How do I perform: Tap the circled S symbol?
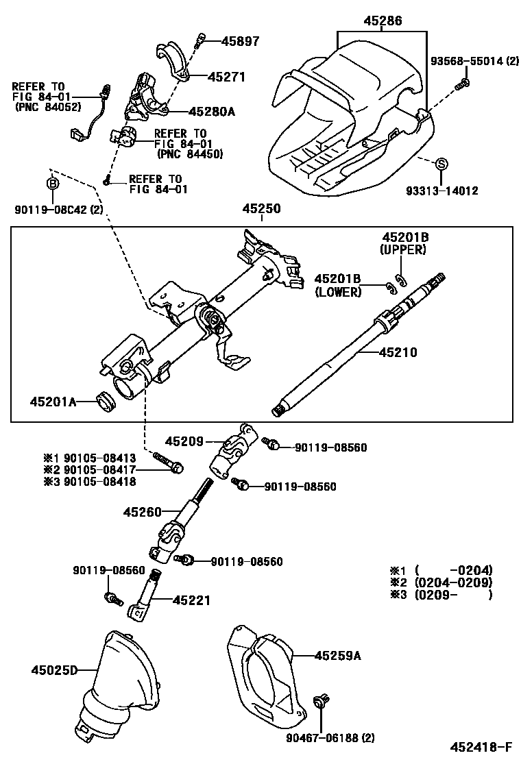point(442,164)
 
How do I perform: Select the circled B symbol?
point(52,184)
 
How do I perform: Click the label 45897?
point(240,41)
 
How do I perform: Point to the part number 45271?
point(226,77)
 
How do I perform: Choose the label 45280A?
point(212,111)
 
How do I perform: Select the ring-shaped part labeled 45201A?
point(106,402)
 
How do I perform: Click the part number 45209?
point(184,442)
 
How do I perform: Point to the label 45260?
point(143,512)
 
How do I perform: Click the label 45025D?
point(54,669)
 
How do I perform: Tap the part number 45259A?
point(337,656)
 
